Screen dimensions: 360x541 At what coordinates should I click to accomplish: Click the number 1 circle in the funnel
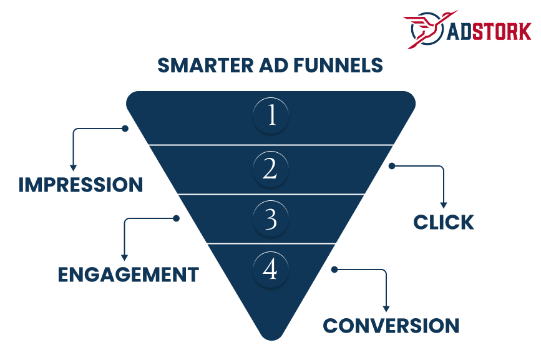(x=271, y=116)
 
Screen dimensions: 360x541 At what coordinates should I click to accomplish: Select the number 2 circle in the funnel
(x=271, y=168)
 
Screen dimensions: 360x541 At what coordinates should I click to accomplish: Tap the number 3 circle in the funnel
(x=271, y=218)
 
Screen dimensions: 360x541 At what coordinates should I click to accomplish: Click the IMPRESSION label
(x=80, y=185)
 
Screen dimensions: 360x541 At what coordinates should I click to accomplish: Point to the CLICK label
(x=444, y=222)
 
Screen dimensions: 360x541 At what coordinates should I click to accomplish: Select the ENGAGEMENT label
(x=129, y=275)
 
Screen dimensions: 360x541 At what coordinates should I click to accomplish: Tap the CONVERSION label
(x=391, y=326)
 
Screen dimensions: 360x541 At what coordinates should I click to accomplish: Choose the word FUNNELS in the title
(x=340, y=66)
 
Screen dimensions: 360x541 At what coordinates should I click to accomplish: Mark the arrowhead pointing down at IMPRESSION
(x=73, y=167)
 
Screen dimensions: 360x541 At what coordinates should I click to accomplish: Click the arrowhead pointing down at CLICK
(x=444, y=205)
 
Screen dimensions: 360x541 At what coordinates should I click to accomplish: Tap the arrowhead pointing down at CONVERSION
(x=386, y=308)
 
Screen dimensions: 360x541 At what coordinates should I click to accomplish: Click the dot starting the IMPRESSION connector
(x=125, y=129)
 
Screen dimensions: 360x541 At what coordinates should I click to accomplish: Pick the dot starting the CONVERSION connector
(x=334, y=270)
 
